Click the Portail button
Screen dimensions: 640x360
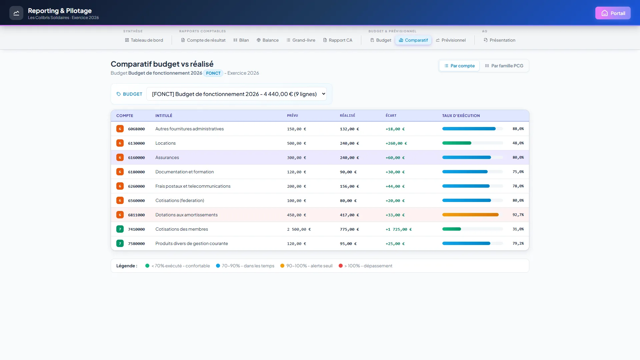pos(613,13)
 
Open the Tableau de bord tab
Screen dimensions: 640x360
pos(144,40)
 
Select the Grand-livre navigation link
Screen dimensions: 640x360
pos(301,40)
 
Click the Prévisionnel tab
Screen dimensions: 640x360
pos(451,40)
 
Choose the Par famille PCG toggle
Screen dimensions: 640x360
pos(504,66)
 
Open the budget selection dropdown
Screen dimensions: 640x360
pos(236,94)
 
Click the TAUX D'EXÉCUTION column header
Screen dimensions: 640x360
pos(461,116)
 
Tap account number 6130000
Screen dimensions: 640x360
pos(136,143)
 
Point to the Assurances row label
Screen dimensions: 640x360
pos(167,158)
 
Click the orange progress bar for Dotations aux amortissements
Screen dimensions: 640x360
pos(470,215)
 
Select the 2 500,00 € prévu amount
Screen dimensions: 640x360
pos(299,229)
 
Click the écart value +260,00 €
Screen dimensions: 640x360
pos(396,143)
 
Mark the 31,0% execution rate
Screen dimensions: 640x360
pos(518,229)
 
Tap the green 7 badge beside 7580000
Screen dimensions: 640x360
pos(120,244)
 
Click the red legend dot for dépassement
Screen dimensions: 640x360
pos(341,266)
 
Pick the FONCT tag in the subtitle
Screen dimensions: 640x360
pos(213,73)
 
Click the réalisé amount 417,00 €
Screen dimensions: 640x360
pos(349,215)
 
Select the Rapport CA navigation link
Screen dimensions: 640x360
pos(337,40)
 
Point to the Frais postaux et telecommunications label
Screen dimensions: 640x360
pos(193,186)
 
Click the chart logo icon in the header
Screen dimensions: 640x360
pos(16,13)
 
